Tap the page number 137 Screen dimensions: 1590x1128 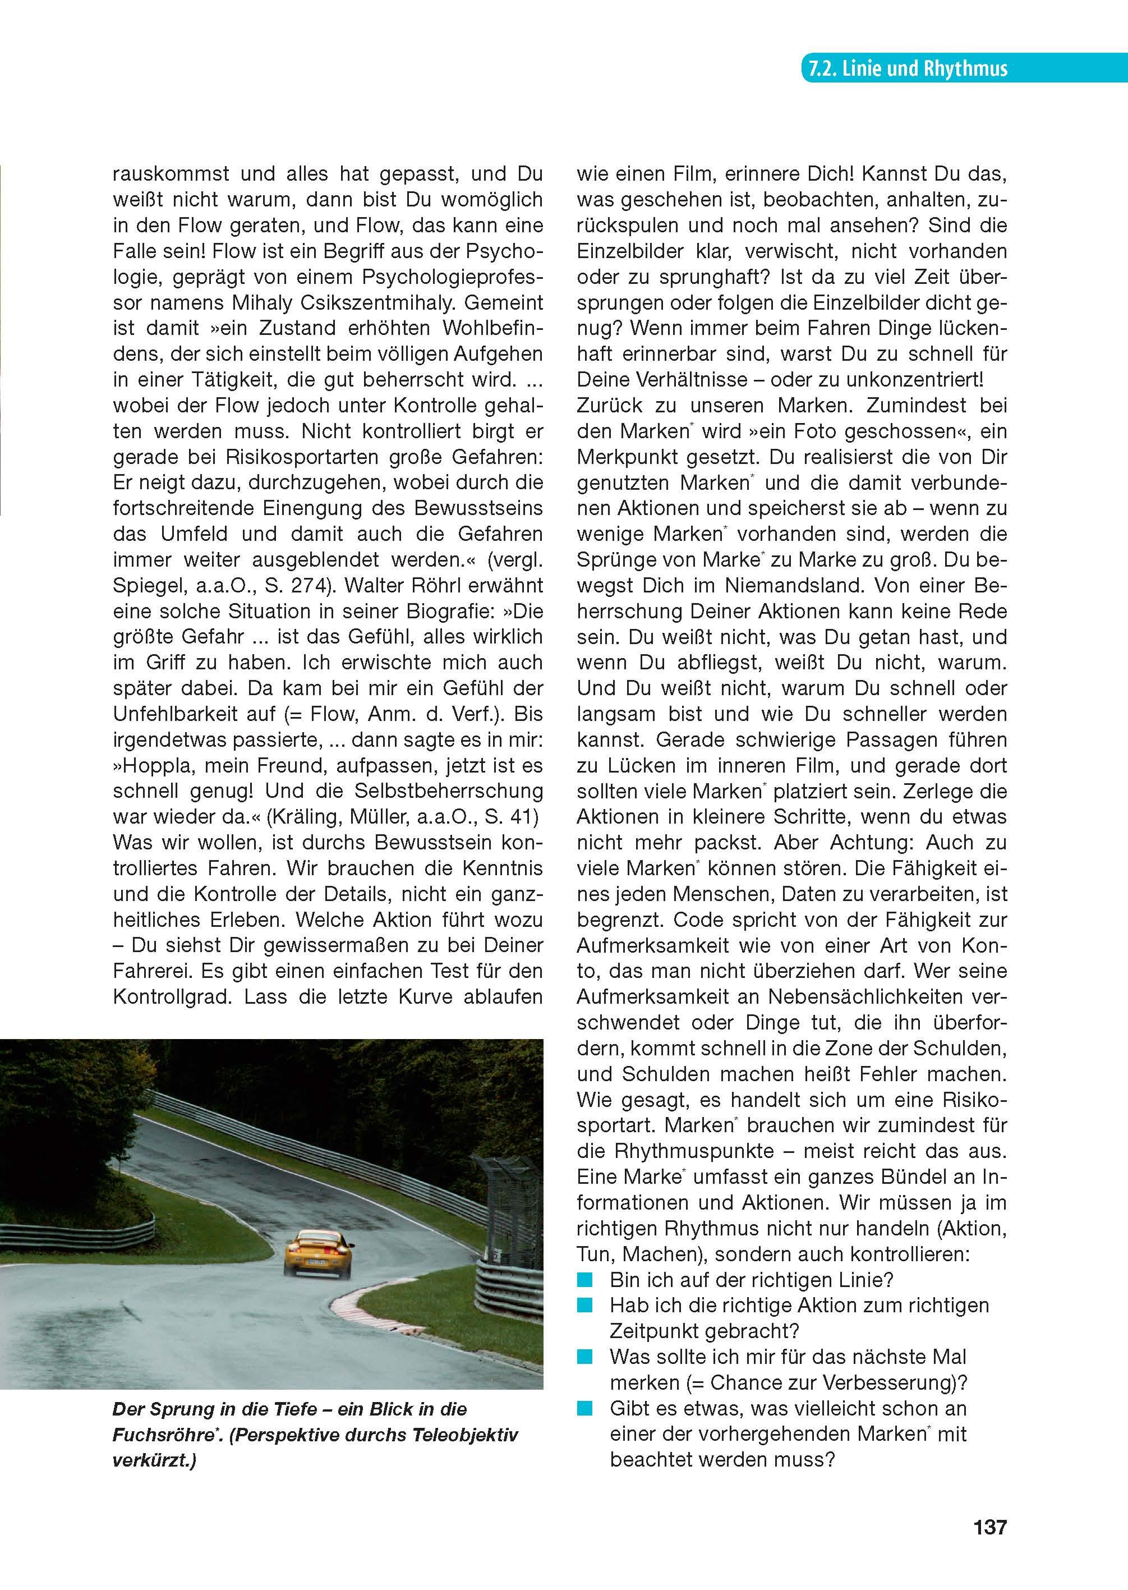989,1527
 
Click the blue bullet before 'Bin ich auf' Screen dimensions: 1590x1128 585,1280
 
